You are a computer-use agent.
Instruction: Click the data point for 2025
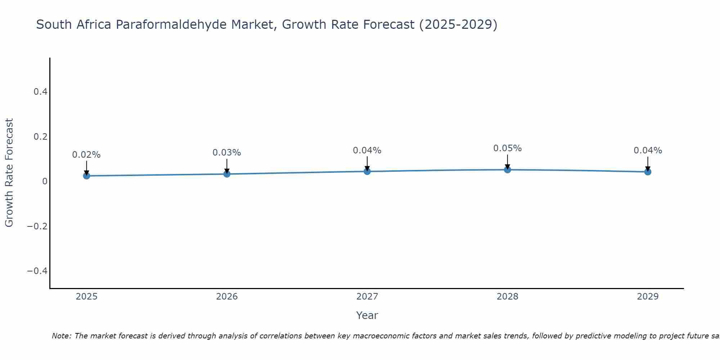(86, 176)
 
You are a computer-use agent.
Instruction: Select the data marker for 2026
(227, 174)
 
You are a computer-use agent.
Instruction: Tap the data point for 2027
(367, 171)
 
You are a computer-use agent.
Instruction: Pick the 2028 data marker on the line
(508, 170)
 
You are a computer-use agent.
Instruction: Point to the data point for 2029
(648, 172)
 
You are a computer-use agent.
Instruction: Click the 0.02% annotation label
(86, 155)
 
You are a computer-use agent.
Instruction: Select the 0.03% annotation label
(227, 153)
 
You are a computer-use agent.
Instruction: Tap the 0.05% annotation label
(508, 148)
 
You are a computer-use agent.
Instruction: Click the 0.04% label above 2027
(367, 150)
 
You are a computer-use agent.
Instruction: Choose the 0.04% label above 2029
(648, 150)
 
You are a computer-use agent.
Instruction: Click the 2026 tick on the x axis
(227, 297)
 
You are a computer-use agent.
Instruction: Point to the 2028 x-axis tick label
(508, 297)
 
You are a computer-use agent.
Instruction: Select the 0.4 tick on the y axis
(40, 92)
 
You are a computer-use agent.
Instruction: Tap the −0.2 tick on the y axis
(37, 226)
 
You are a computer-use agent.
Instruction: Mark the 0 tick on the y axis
(45, 181)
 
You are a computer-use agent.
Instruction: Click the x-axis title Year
(367, 315)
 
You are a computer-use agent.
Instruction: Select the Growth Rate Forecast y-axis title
(9, 172)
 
